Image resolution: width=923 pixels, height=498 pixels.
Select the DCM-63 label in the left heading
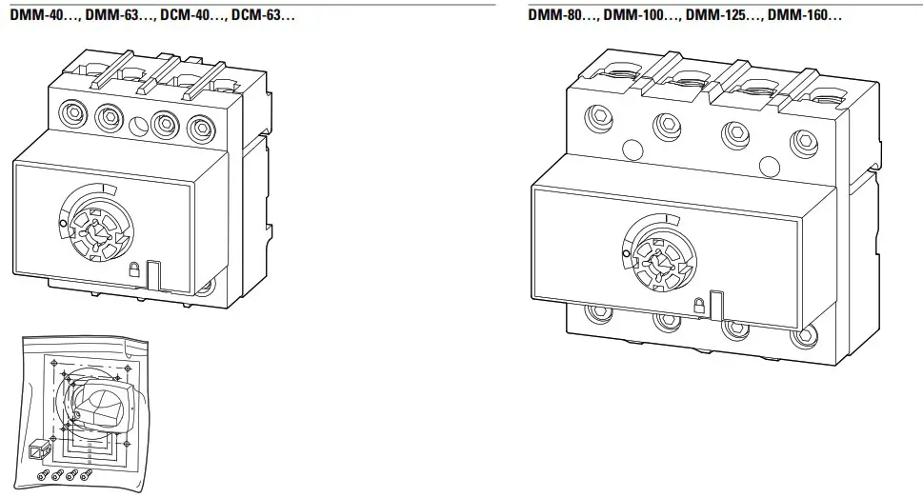click(x=263, y=16)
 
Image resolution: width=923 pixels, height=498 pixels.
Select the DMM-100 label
click(x=636, y=16)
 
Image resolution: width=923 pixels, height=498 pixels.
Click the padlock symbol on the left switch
click(x=135, y=269)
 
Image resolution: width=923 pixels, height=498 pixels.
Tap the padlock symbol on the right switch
click(x=699, y=305)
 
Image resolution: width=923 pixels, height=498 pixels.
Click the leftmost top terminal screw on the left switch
click(x=71, y=115)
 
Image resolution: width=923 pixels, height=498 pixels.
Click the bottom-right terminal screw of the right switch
click(x=806, y=335)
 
